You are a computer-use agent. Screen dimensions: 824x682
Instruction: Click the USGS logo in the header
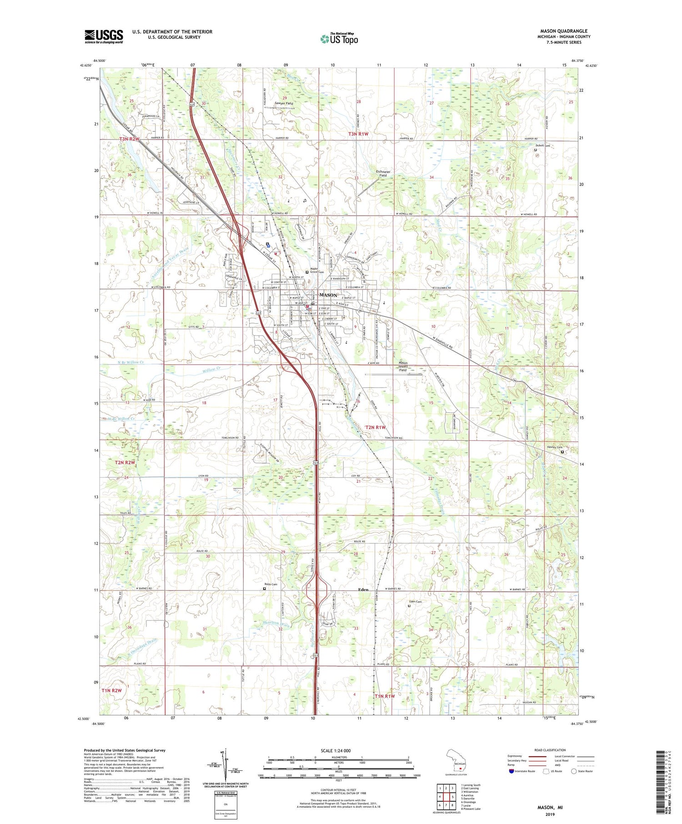point(104,36)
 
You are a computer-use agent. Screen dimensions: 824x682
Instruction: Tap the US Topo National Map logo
point(339,39)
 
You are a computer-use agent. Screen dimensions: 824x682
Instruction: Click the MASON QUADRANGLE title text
point(564,31)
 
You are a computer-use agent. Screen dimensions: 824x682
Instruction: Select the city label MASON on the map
point(328,295)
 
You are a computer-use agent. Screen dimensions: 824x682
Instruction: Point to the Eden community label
point(363,589)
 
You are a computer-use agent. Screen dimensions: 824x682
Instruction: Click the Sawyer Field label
point(284,104)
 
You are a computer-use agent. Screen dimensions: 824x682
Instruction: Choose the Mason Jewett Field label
point(403,366)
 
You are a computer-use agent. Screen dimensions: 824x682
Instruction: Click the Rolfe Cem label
point(271,584)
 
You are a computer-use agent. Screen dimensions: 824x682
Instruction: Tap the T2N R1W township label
point(375,427)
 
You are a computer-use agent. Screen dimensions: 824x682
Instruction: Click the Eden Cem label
point(416,602)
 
